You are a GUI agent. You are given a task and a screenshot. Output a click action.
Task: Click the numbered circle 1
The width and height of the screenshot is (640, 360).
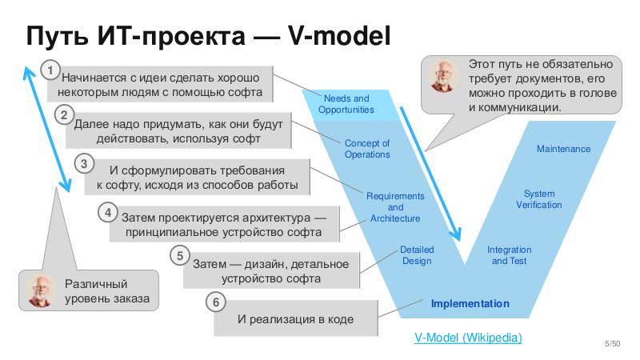coord(51,71)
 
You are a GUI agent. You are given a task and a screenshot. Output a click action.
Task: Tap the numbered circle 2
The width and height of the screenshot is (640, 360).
coord(65,116)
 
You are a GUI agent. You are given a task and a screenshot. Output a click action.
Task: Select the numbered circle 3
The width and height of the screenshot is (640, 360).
coord(84,164)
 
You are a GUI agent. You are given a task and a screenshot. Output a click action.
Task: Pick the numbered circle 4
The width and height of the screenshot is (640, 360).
coord(108,212)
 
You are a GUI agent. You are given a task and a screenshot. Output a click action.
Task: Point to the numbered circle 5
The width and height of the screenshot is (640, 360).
coord(181,256)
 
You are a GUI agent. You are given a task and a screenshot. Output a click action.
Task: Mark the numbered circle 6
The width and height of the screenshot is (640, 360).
coord(214,302)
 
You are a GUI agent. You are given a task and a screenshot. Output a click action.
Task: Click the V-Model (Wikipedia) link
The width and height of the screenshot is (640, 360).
coord(468,338)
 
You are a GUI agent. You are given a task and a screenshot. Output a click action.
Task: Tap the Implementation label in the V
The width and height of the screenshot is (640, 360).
coord(470,304)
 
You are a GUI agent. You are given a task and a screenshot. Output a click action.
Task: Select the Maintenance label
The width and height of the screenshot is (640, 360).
coord(563,149)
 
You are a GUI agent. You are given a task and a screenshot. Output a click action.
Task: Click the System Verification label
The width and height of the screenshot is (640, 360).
coord(538,199)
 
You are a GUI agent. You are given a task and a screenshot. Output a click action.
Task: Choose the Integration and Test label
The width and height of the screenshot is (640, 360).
coord(509,255)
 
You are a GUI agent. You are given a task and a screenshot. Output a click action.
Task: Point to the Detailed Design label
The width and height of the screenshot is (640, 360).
coord(416,255)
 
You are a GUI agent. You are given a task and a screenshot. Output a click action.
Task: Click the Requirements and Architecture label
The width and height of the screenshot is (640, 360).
coord(395,207)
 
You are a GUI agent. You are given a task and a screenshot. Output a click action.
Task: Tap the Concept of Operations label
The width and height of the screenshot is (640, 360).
coord(367,149)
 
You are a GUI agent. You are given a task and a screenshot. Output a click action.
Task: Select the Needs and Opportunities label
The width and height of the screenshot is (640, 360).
coord(346,104)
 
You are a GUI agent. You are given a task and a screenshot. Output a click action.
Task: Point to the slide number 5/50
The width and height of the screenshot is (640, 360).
coord(612,343)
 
